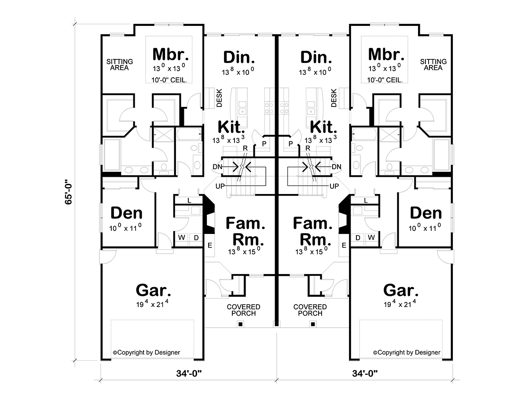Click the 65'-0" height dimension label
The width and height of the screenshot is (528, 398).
coord(68,191)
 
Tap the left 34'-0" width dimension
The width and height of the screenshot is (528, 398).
coord(189,373)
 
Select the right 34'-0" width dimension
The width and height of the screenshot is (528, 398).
coord(365,373)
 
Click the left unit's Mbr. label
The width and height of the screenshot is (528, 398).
coord(170,55)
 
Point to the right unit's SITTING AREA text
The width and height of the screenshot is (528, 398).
coord(433,65)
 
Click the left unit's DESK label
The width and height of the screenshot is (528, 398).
coord(220,98)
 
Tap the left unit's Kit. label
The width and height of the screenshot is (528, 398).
coord(231,127)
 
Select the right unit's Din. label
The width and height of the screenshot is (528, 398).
coord(316,57)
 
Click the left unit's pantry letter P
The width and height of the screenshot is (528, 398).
coord(264,144)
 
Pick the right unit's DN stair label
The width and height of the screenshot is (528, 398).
coord(336,167)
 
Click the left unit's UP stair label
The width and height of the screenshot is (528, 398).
coord(220,186)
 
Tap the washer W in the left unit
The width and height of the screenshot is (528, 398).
coord(182,237)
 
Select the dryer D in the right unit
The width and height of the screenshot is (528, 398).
coord(358,237)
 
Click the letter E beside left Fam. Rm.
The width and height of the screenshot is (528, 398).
coord(210,245)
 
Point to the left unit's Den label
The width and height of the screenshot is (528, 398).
coord(126,213)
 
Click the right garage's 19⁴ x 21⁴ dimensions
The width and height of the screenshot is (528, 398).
coord(400,303)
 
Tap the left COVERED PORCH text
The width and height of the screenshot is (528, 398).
coord(243,310)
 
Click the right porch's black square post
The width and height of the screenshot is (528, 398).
coord(313,324)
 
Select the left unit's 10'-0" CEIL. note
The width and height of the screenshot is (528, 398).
coord(169,80)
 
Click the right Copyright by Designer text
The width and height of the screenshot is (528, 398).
coord(407,352)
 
